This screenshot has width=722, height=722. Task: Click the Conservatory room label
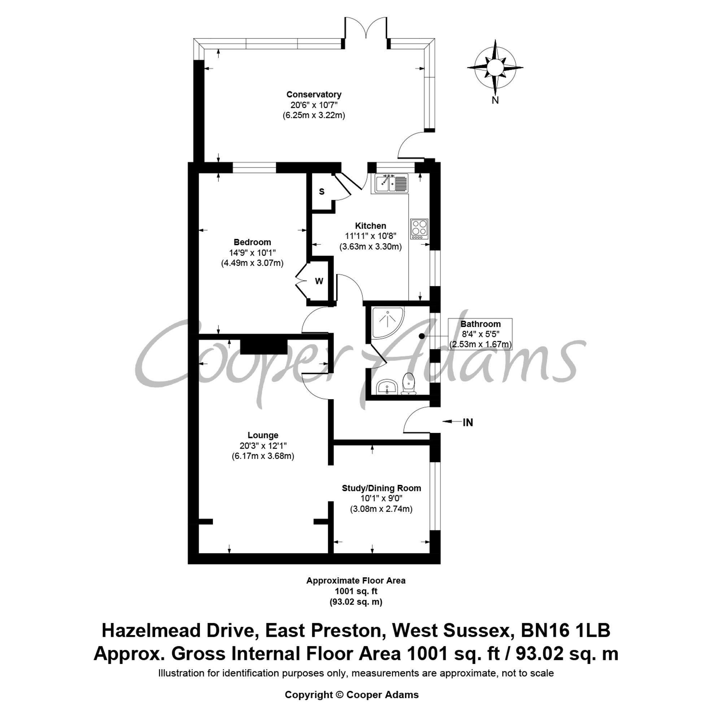coord(314,95)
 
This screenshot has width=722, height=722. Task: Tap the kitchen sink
coord(391,183)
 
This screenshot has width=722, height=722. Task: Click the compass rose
coord(495,67)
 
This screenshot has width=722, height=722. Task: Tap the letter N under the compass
coord(495,100)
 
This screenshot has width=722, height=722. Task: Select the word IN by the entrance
coord(467,423)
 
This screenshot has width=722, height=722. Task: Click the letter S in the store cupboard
coord(321,192)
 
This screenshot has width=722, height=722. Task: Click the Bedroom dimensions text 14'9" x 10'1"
coord(252,253)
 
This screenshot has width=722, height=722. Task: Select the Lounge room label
coord(263,435)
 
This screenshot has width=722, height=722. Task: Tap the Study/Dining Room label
coord(381,488)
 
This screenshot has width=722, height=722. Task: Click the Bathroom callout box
coord(480,334)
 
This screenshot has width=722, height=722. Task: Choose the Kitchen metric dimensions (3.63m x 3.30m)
coord(370,247)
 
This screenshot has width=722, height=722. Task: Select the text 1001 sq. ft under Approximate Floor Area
coord(356,591)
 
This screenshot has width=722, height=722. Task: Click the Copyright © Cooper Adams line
coord(352,694)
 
